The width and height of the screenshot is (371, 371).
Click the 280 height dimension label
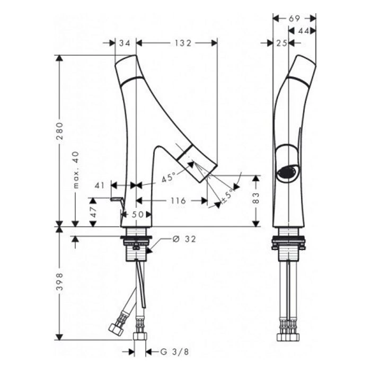[x=60, y=131]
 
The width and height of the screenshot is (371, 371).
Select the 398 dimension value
[x=60, y=281]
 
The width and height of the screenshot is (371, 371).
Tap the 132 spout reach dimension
[x=183, y=43]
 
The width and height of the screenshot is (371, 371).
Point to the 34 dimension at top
[x=125, y=43]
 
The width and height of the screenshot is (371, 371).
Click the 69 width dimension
[x=294, y=19]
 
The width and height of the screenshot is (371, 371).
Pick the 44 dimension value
[x=304, y=31]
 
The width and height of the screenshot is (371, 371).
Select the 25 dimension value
[x=281, y=43]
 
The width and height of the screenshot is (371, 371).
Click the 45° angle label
[x=169, y=177]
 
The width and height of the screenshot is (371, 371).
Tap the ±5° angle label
[x=227, y=196]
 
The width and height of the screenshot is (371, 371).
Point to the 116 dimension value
[x=178, y=201]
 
